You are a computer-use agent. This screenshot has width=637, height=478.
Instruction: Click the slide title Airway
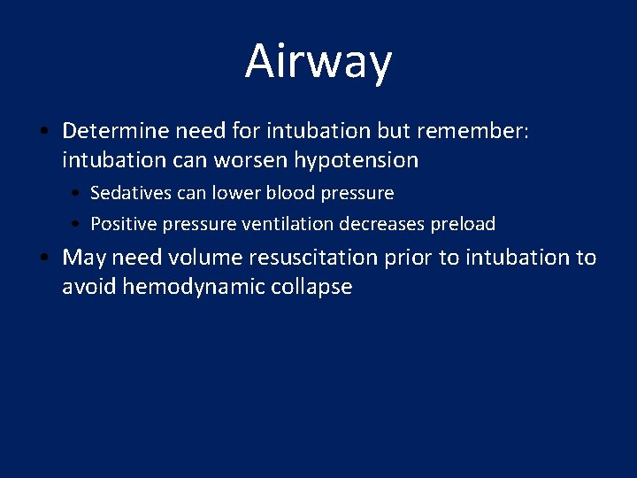tap(318, 62)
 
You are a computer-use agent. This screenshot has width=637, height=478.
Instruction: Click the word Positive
tap(122, 224)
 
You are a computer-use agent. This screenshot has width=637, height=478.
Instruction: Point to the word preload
tap(463, 225)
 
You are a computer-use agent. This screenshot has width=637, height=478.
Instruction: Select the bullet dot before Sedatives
tap(77, 194)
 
